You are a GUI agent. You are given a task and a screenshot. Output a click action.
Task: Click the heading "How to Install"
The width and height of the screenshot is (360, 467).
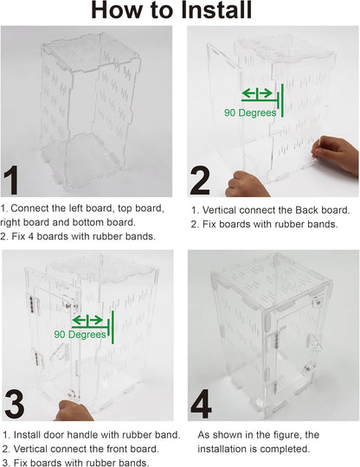pyautogui.click(x=171, y=11)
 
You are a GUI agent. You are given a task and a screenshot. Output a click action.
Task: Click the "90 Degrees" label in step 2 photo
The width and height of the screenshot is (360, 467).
pyautogui.click(x=250, y=112)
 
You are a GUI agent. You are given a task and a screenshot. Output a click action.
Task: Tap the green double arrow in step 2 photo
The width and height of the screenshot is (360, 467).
pyautogui.click(x=257, y=94)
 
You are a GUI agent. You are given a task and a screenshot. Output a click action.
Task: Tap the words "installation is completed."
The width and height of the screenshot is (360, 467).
pyautogui.click(x=253, y=449)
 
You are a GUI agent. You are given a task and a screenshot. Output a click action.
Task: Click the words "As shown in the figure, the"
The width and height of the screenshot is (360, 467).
pyautogui.click(x=259, y=435)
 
